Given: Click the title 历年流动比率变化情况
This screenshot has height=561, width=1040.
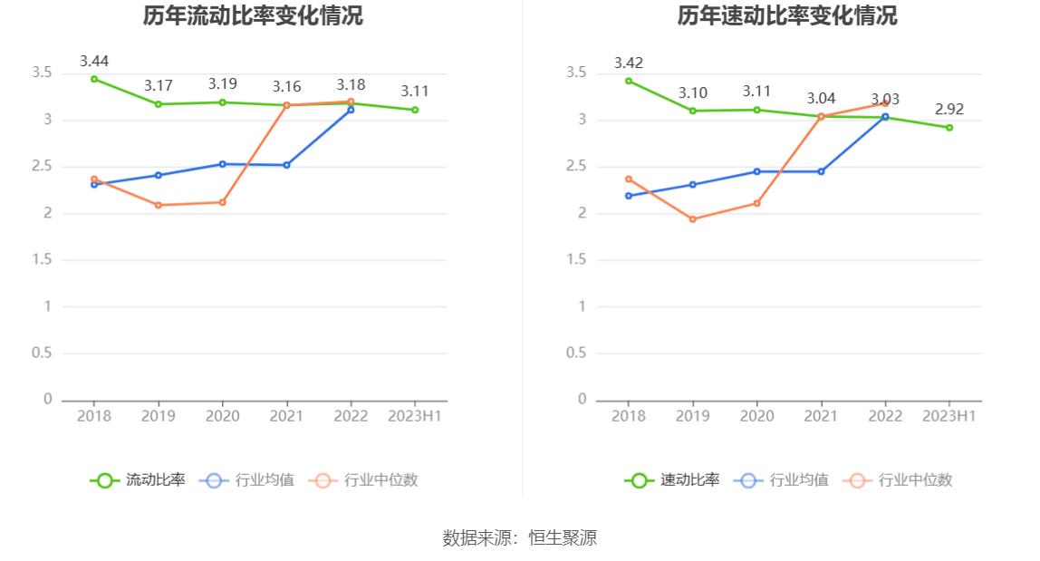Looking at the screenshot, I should [253, 15].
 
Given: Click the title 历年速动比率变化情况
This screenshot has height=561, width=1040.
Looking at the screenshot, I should [787, 15].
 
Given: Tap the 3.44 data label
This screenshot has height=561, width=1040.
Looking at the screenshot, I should [94, 62].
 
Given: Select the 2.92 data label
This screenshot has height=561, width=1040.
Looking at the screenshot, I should [949, 110].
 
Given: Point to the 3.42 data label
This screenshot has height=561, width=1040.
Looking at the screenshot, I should [629, 63].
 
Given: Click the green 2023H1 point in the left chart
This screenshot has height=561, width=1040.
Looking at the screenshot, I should [415, 110].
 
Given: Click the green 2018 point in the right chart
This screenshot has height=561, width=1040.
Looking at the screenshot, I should [629, 81].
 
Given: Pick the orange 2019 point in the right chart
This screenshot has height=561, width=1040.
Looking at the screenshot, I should [693, 219].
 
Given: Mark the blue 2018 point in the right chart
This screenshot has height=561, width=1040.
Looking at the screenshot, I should [629, 196].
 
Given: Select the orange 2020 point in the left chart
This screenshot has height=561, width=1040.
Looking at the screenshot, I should [223, 202].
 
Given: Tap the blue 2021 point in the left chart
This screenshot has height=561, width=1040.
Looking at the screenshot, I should [287, 165].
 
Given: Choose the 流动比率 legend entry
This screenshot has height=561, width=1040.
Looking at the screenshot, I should [138, 480].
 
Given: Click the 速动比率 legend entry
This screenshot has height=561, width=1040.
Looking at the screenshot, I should [672, 480].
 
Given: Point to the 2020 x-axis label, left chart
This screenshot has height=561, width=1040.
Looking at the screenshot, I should [223, 416].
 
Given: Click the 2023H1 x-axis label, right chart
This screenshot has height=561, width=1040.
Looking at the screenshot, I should [949, 416].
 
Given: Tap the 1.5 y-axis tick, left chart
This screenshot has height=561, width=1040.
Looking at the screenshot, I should [42, 260].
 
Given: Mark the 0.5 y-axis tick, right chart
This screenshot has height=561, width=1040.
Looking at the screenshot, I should [576, 353].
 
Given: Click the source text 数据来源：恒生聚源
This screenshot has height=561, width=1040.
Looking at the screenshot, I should [520, 537].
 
